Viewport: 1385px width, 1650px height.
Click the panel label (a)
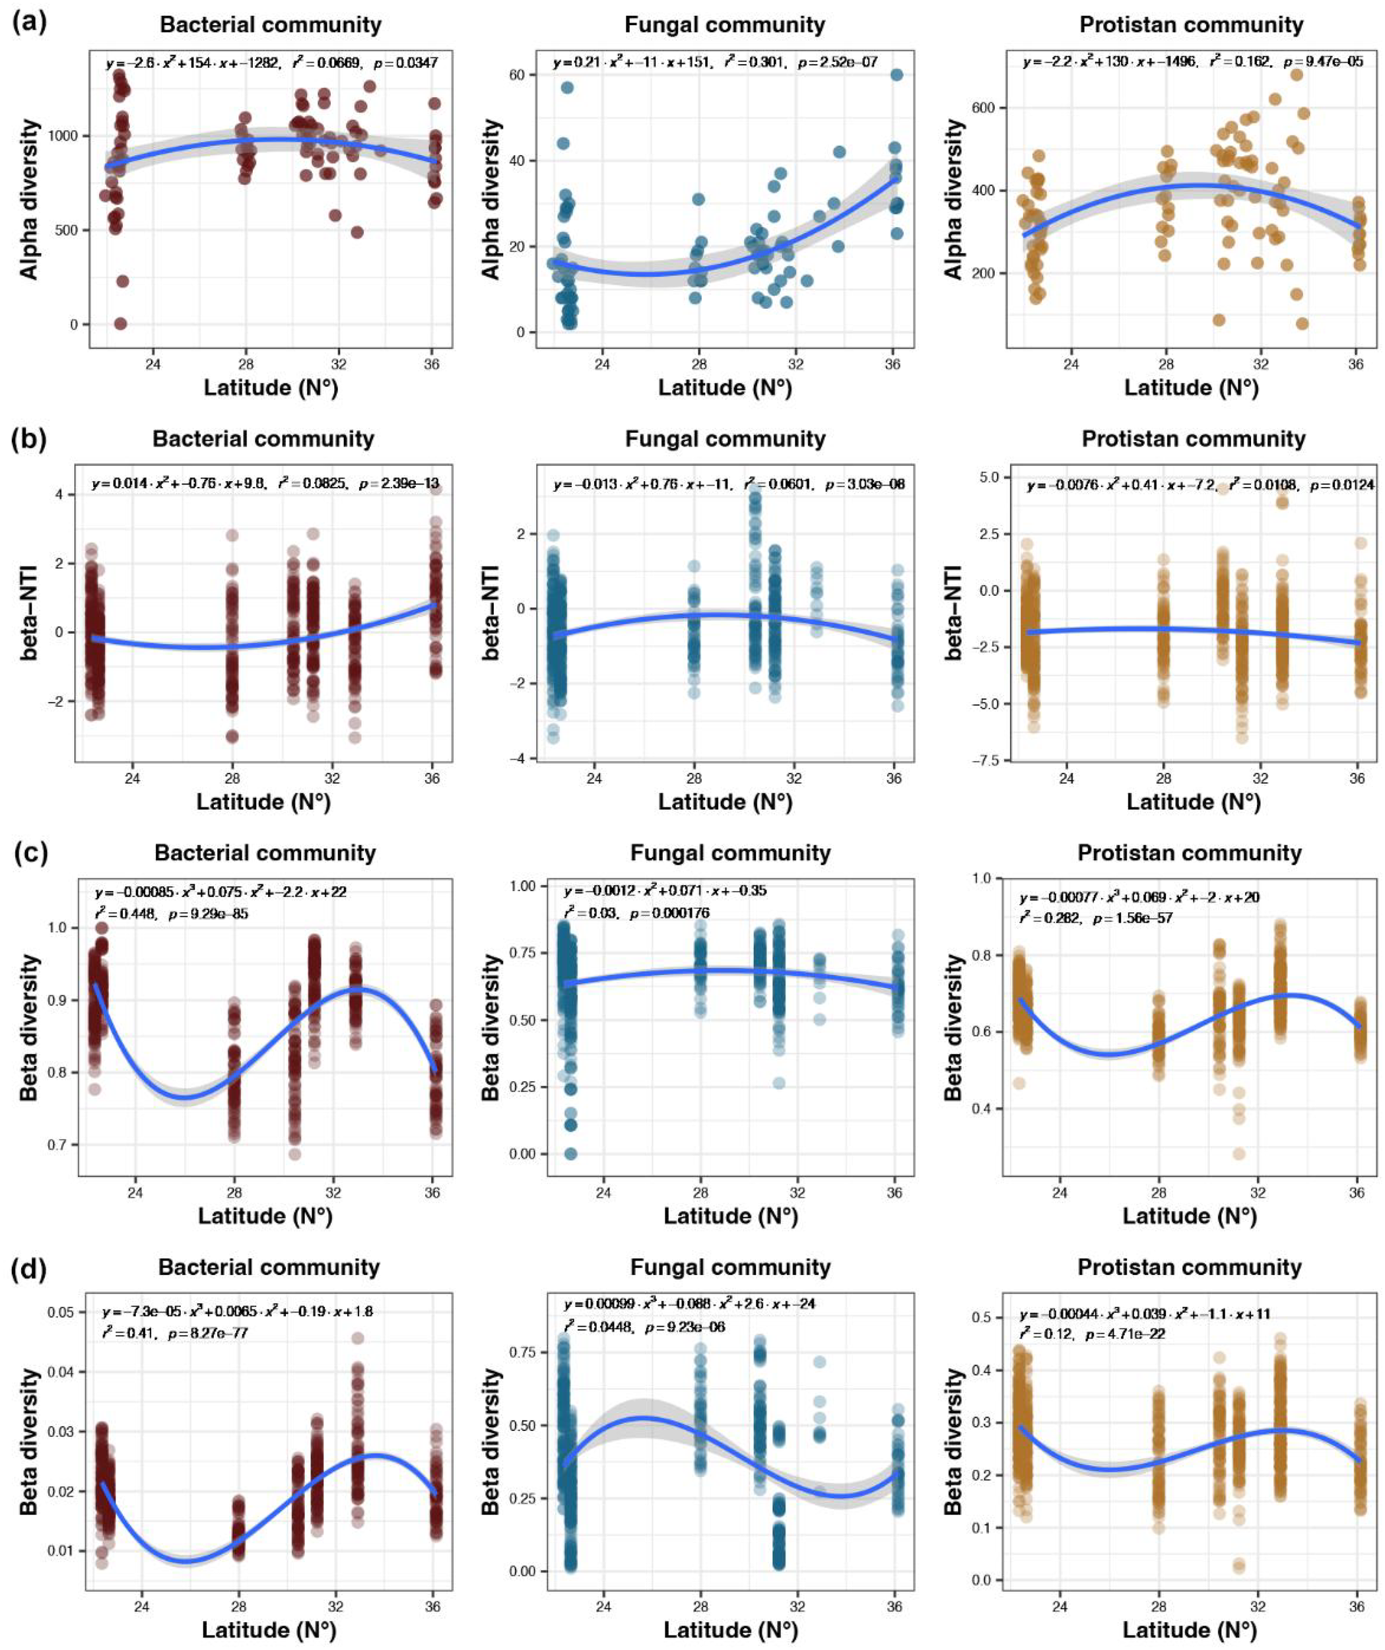point(30,21)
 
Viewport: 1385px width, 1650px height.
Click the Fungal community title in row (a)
point(724,25)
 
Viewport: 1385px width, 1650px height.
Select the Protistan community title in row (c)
point(1190,853)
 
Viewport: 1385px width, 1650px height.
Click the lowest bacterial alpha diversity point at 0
point(120,323)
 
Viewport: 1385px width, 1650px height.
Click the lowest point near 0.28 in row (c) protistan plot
point(1239,1154)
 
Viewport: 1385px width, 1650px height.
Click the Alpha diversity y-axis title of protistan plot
point(953,199)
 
